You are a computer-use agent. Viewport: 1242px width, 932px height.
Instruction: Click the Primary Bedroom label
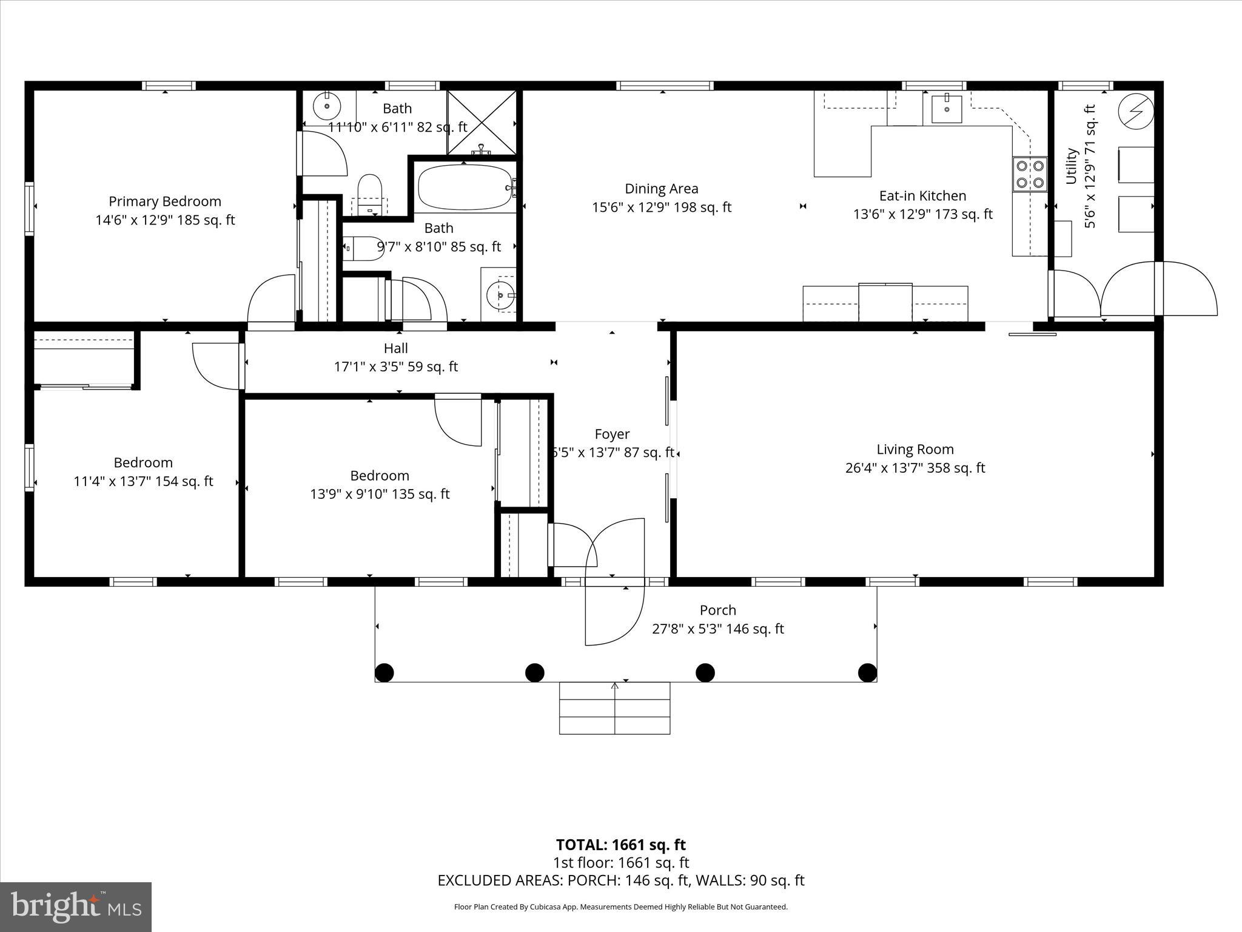click(164, 201)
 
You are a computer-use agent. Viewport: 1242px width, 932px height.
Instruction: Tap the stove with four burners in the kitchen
click(1030, 174)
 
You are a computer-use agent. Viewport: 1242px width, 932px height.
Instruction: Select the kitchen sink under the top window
click(946, 109)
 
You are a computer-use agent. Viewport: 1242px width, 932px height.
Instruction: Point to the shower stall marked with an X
click(482, 121)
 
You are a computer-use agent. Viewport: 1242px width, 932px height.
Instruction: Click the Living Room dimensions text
click(915, 468)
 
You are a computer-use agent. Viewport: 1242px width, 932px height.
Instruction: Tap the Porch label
click(717, 610)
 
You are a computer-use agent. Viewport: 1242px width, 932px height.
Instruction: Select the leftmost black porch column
click(384, 672)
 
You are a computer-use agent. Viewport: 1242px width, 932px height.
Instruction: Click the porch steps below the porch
click(614, 708)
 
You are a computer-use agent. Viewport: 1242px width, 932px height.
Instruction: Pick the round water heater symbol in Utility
click(1135, 112)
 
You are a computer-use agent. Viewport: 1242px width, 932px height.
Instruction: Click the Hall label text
click(395, 348)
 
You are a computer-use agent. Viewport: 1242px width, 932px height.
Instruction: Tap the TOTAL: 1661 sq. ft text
click(620, 845)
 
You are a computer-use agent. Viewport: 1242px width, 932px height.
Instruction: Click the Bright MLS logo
click(76, 907)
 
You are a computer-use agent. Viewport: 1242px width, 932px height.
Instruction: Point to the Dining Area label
click(661, 189)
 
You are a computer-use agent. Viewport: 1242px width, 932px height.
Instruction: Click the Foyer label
click(612, 434)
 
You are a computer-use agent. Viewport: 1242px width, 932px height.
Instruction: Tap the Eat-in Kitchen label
click(922, 195)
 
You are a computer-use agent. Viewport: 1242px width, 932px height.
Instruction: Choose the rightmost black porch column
click(867, 672)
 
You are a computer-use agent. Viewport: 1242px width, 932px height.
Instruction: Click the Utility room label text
click(1071, 166)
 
